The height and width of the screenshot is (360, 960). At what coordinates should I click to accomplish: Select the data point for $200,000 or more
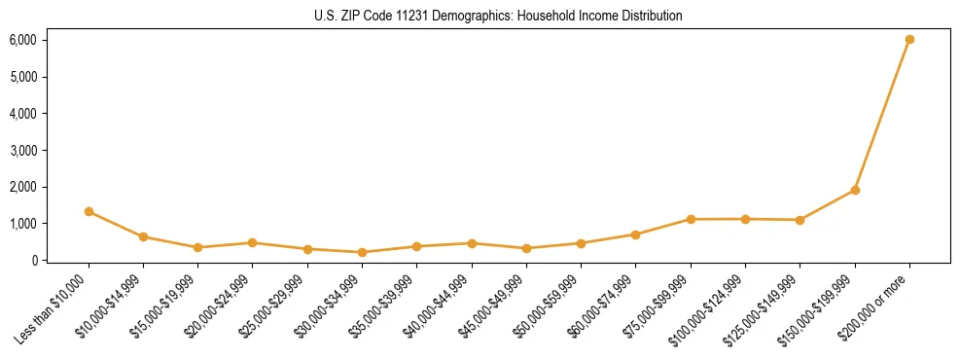point(909,40)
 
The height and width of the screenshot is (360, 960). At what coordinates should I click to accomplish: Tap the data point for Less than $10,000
point(89,211)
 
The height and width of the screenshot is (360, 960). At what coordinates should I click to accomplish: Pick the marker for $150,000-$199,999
point(855,190)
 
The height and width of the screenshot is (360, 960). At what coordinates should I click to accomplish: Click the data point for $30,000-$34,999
point(362,252)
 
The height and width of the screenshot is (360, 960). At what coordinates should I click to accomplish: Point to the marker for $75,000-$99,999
point(691,219)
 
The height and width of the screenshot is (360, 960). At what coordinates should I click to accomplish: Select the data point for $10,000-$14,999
point(143,236)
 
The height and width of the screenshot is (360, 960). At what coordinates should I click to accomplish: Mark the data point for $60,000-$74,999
point(635,234)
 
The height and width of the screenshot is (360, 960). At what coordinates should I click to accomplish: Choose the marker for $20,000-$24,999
point(252,242)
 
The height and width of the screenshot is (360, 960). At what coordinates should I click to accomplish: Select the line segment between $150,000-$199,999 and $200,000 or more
point(882,115)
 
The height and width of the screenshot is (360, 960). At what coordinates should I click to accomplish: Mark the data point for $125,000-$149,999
point(800,220)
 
